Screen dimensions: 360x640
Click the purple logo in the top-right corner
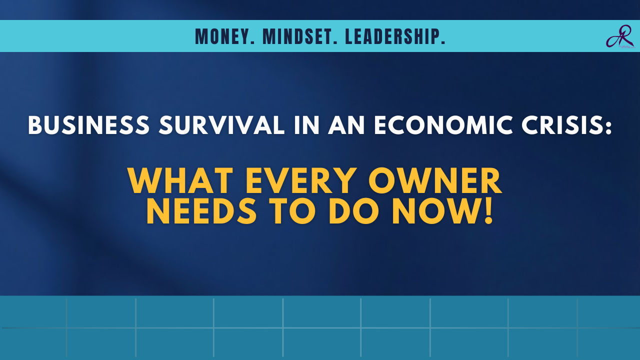coord(619,36)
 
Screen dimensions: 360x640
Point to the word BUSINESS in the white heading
coord(88,125)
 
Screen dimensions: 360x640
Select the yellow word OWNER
coord(435,180)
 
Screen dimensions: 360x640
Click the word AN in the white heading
coord(347,125)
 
